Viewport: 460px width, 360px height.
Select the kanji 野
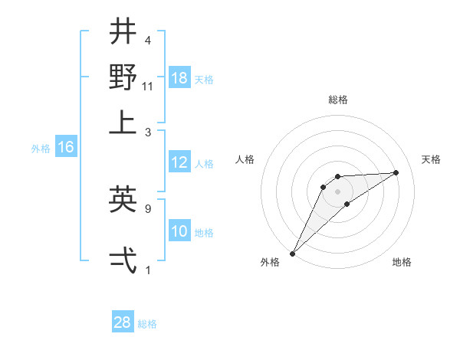pyautogui.click(x=123, y=77)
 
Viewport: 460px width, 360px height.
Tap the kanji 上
pyautogui.click(x=123, y=123)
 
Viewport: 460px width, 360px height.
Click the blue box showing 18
pyautogui.click(x=179, y=78)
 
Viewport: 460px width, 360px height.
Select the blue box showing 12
pyautogui.click(x=179, y=162)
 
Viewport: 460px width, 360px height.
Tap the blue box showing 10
pyautogui.click(x=179, y=231)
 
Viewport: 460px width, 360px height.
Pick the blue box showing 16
pyautogui.click(x=66, y=148)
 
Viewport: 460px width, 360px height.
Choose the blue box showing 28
pyautogui.click(x=123, y=322)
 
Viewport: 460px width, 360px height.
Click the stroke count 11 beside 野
pyautogui.click(x=148, y=87)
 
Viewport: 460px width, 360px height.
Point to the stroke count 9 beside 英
pyautogui.click(x=148, y=208)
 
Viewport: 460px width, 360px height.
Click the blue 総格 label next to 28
pyautogui.click(x=147, y=324)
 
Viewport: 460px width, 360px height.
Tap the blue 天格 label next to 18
pyautogui.click(x=204, y=80)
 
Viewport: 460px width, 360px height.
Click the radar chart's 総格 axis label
pyautogui.click(x=337, y=100)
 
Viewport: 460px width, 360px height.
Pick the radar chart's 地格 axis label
pyautogui.click(x=402, y=262)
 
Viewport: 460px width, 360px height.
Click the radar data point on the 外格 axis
pyautogui.click(x=292, y=254)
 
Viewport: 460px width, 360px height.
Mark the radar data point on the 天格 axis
pyautogui.click(x=396, y=172)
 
